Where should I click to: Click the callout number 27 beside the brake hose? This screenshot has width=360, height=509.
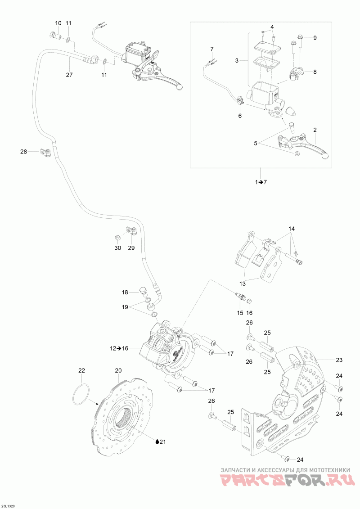click(x=69, y=75)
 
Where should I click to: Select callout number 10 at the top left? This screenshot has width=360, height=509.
click(x=58, y=23)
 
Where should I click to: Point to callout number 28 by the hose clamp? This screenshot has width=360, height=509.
click(x=23, y=151)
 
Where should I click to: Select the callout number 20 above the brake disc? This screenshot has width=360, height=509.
click(x=118, y=371)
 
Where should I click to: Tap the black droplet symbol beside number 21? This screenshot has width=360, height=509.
click(x=157, y=442)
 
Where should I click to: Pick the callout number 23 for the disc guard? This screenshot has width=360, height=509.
click(x=339, y=360)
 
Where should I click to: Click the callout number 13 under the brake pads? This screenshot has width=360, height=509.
click(x=243, y=284)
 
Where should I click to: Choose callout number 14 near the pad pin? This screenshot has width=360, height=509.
click(x=292, y=229)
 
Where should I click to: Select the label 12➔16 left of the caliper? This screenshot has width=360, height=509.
click(x=119, y=348)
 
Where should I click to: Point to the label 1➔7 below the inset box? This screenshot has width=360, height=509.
click(x=261, y=182)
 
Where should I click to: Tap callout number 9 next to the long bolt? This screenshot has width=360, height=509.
click(x=315, y=38)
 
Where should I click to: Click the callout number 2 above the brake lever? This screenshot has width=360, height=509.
click(x=315, y=130)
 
